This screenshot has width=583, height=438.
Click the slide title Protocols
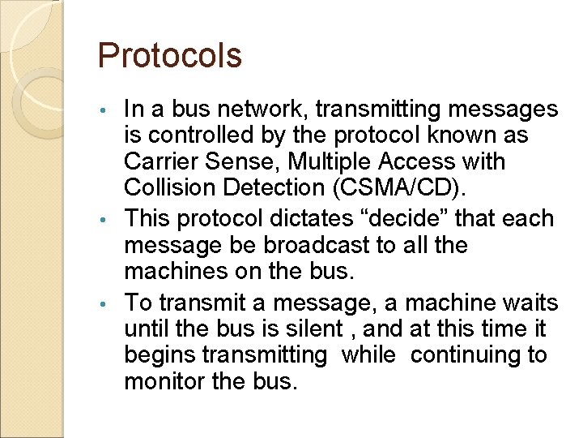(x=169, y=56)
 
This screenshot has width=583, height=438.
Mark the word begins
(x=160, y=355)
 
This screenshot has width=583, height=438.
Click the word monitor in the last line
(x=164, y=381)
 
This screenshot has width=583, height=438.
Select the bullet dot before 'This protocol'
(x=104, y=220)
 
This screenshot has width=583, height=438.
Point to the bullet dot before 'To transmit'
(x=104, y=304)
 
